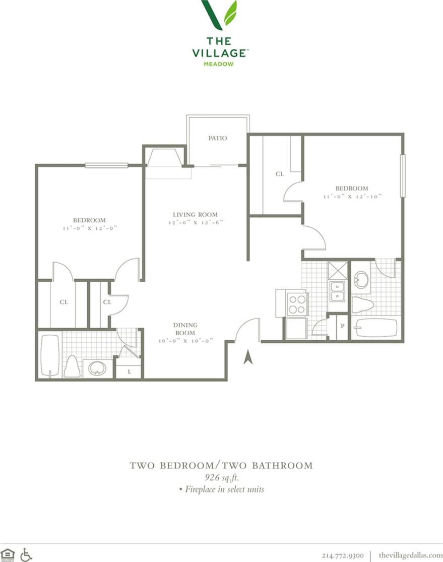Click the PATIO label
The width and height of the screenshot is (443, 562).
(218, 138)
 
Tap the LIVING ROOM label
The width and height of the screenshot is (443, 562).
(195, 215)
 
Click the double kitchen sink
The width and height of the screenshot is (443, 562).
(337, 291)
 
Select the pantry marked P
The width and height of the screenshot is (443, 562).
(343, 326)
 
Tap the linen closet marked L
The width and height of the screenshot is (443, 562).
(129, 371)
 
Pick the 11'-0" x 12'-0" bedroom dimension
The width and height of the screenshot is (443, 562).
(89, 228)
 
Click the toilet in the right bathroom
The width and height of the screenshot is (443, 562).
(362, 304)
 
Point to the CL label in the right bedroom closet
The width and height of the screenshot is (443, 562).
(279, 174)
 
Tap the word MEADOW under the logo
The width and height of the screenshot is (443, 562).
(219, 64)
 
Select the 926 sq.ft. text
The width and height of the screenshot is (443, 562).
(221, 477)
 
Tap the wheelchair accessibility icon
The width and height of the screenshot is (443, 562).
(26, 554)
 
